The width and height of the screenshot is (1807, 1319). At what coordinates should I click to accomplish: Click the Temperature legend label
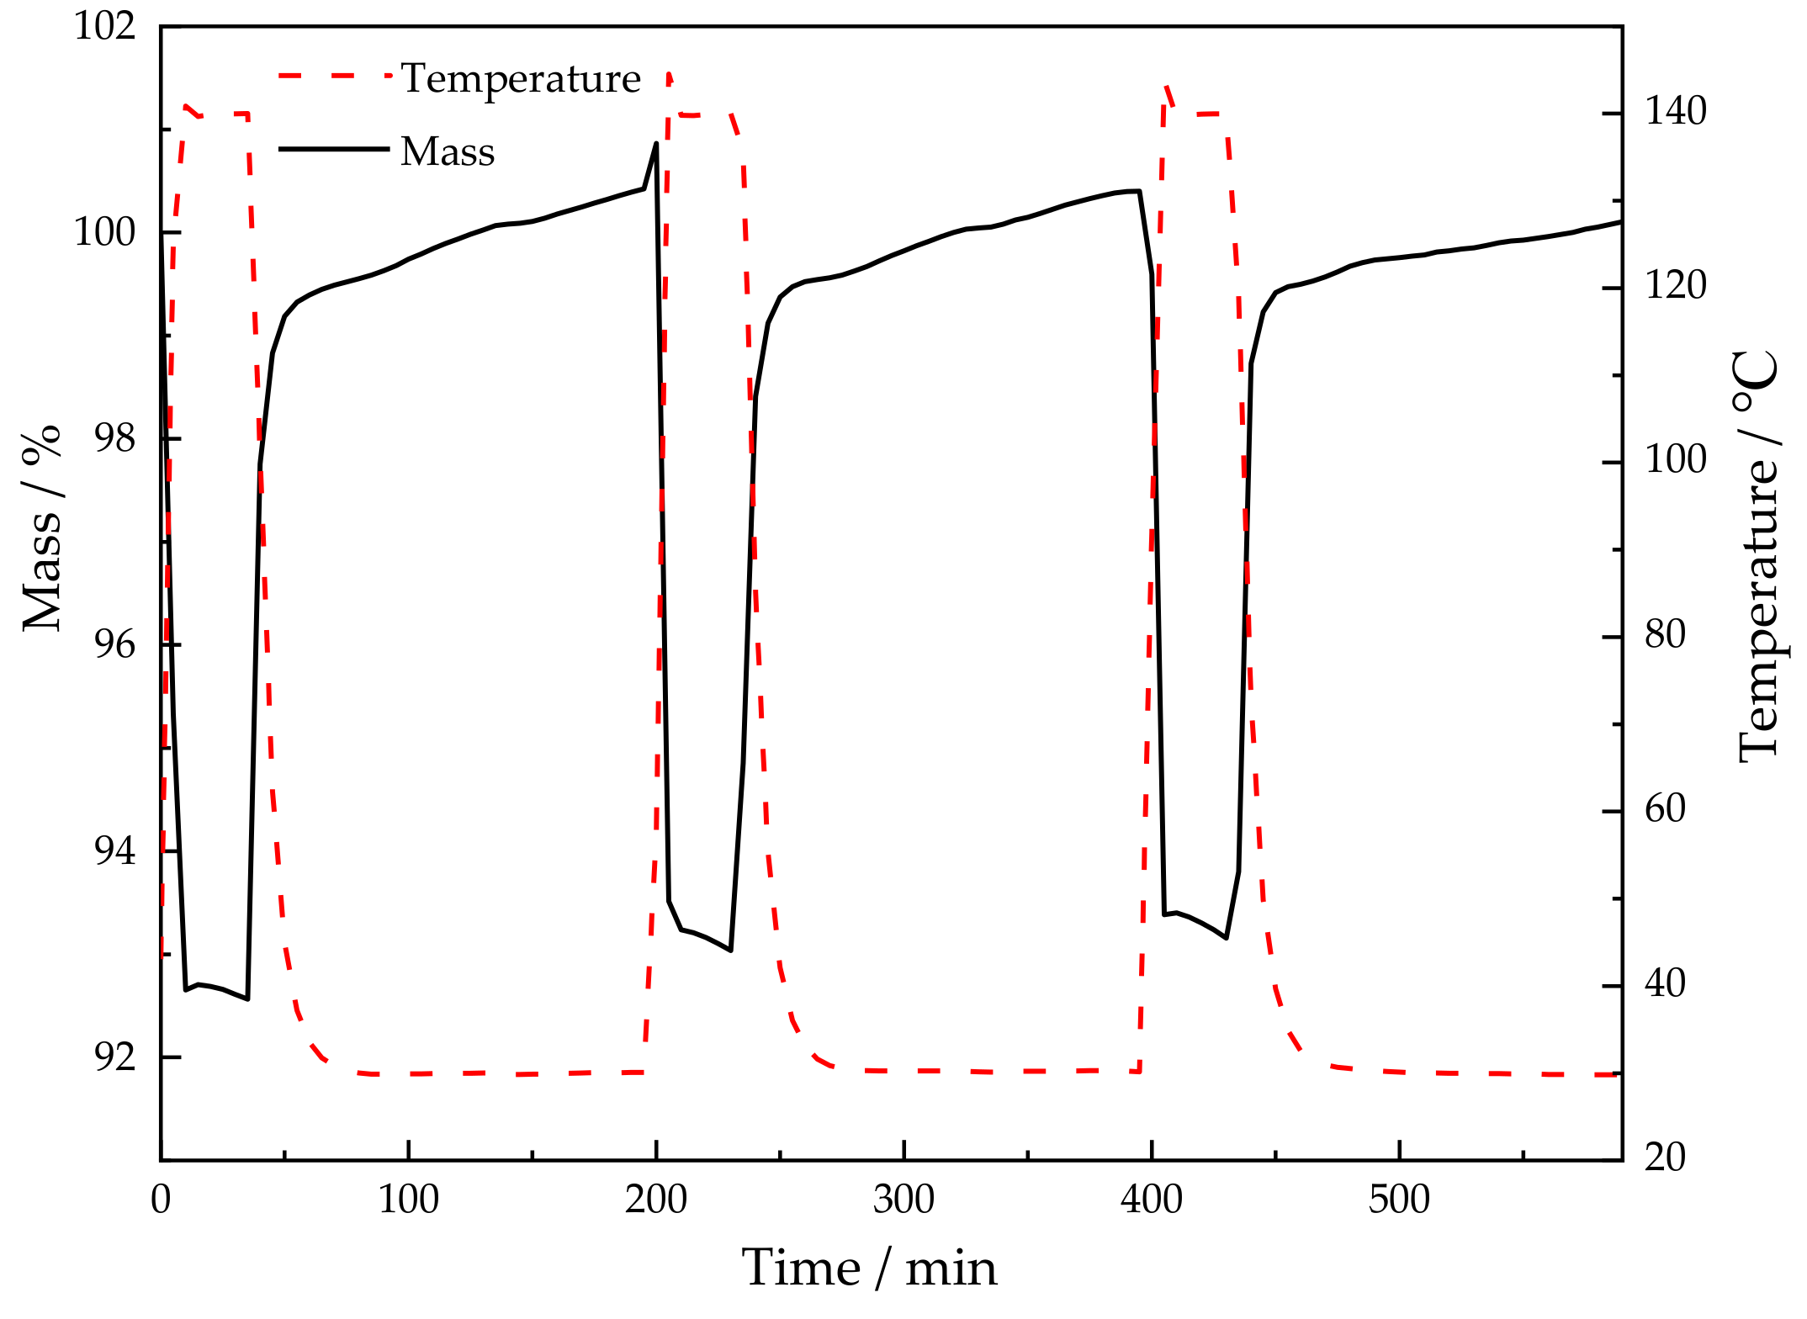point(521,79)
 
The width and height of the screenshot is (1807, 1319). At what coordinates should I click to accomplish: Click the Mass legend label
point(448,152)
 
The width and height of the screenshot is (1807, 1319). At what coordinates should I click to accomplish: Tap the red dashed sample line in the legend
point(334,76)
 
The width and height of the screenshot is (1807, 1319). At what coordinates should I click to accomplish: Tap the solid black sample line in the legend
point(334,149)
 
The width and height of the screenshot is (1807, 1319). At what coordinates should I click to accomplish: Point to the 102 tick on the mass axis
point(105,26)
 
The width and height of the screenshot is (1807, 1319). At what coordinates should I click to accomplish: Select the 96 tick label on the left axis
point(114,645)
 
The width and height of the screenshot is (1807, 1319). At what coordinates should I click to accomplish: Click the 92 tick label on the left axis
point(114,1057)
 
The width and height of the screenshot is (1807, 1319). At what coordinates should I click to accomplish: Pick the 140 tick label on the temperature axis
point(1675,112)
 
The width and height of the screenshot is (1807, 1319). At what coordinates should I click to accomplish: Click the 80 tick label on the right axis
point(1665,635)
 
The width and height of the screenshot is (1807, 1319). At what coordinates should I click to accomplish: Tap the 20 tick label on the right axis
point(1665,1158)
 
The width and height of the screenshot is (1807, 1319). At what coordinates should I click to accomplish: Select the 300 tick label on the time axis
point(903,1200)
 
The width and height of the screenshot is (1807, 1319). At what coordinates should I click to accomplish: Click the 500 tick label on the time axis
point(1399,1200)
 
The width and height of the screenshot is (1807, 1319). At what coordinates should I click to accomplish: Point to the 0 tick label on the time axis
point(161,1200)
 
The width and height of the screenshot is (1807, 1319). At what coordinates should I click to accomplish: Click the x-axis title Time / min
point(869,1269)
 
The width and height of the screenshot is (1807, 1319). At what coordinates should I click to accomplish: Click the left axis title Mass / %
point(42,528)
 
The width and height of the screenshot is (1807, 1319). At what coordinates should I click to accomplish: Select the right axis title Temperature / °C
point(1758,555)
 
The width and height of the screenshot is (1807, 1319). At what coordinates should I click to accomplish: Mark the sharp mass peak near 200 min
point(656,144)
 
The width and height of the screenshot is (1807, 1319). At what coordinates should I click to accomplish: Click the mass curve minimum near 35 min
point(247,999)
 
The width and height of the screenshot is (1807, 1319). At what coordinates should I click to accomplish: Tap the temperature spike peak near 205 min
point(669,74)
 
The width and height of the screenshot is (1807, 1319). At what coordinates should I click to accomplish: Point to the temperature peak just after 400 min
point(1166,86)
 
